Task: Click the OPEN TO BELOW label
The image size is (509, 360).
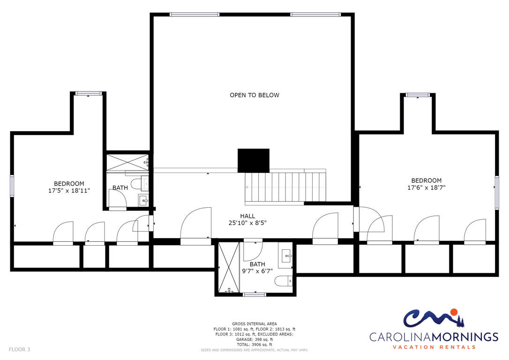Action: click(254, 95)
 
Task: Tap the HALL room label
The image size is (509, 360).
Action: click(247, 216)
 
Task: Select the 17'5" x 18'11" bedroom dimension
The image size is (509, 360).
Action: click(69, 191)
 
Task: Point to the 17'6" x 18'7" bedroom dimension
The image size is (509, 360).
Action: click(427, 187)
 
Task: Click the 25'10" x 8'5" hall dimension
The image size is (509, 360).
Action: click(247, 223)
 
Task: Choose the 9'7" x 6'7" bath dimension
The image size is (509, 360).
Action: click(257, 271)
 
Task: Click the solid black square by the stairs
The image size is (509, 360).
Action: click(254, 161)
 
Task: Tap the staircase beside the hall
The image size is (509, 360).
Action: click(285, 187)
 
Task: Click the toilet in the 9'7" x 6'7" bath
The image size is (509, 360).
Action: click(284, 280)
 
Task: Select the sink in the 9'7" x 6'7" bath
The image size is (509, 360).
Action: click(286, 256)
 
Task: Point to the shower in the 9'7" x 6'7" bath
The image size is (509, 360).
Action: click(229, 267)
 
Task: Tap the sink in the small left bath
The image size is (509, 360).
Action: click(143, 201)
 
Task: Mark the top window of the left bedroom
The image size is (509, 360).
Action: click(88, 93)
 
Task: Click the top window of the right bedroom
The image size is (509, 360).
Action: click(418, 95)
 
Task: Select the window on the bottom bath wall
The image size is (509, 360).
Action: click(255, 294)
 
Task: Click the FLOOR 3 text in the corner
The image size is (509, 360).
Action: click(20, 349)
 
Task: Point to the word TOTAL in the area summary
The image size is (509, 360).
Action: click(243, 345)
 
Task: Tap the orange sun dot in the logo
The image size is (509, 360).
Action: click(454, 312)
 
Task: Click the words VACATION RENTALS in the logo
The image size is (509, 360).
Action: click(434, 347)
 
